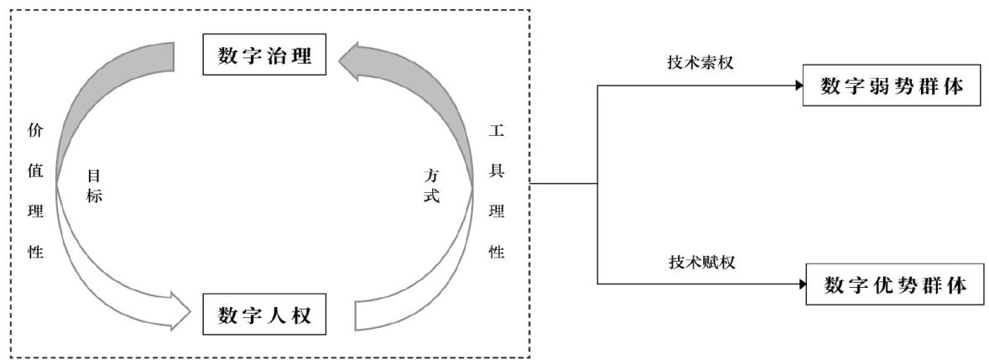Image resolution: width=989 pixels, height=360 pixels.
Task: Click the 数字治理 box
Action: [x=264, y=55]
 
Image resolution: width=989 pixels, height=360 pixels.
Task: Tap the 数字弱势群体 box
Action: [x=891, y=86]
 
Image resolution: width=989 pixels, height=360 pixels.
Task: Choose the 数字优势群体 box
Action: [x=894, y=286]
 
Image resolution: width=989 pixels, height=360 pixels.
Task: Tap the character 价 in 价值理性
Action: [x=35, y=131]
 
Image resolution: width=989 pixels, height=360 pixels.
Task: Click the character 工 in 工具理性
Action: [x=497, y=131]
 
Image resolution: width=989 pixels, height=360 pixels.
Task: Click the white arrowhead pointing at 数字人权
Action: [x=181, y=311]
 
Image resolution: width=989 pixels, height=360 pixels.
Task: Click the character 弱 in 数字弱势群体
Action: [x=877, y=86]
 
